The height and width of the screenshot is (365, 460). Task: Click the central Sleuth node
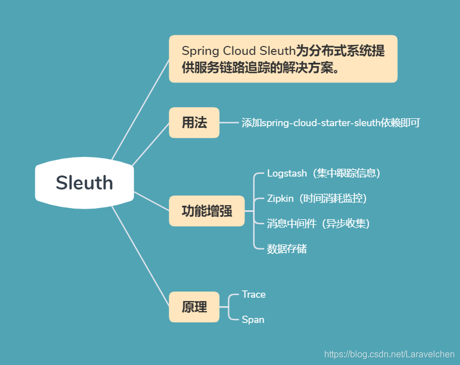pyautogui.click(x=84, y=183)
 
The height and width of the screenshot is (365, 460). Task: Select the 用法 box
pyautogui.click(x=194, y=123)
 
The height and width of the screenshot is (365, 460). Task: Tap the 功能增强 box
pyautogui.click(x=206, y=211)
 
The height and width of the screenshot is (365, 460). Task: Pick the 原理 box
pyautogui.click(x=194, y=307)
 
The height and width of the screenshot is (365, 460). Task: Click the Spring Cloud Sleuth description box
pyautogui.click(x=283, y=59)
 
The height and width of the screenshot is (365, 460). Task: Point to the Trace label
pyautogui.click(x=254, y=294)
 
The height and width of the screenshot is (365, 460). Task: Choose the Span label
pyautogui.click(x=253, y=320)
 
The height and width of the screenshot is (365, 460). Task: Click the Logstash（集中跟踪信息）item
pyautogui.click(x=324, y=173)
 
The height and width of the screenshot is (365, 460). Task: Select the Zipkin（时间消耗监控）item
pyautogui.click(x=317, y=198)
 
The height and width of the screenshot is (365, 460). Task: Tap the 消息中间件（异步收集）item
pyautogui.click(x=318, y=224)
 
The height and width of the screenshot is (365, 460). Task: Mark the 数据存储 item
pyautogui.click(x=287, y=249)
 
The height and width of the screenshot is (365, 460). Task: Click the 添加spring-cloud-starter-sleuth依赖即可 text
pyautogui.click(x=330, y=123)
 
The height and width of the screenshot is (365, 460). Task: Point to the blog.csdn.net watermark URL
pyautogui.click(x=389, y=354)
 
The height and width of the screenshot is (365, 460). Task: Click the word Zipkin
pyautogui.click(x=280, y=198)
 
